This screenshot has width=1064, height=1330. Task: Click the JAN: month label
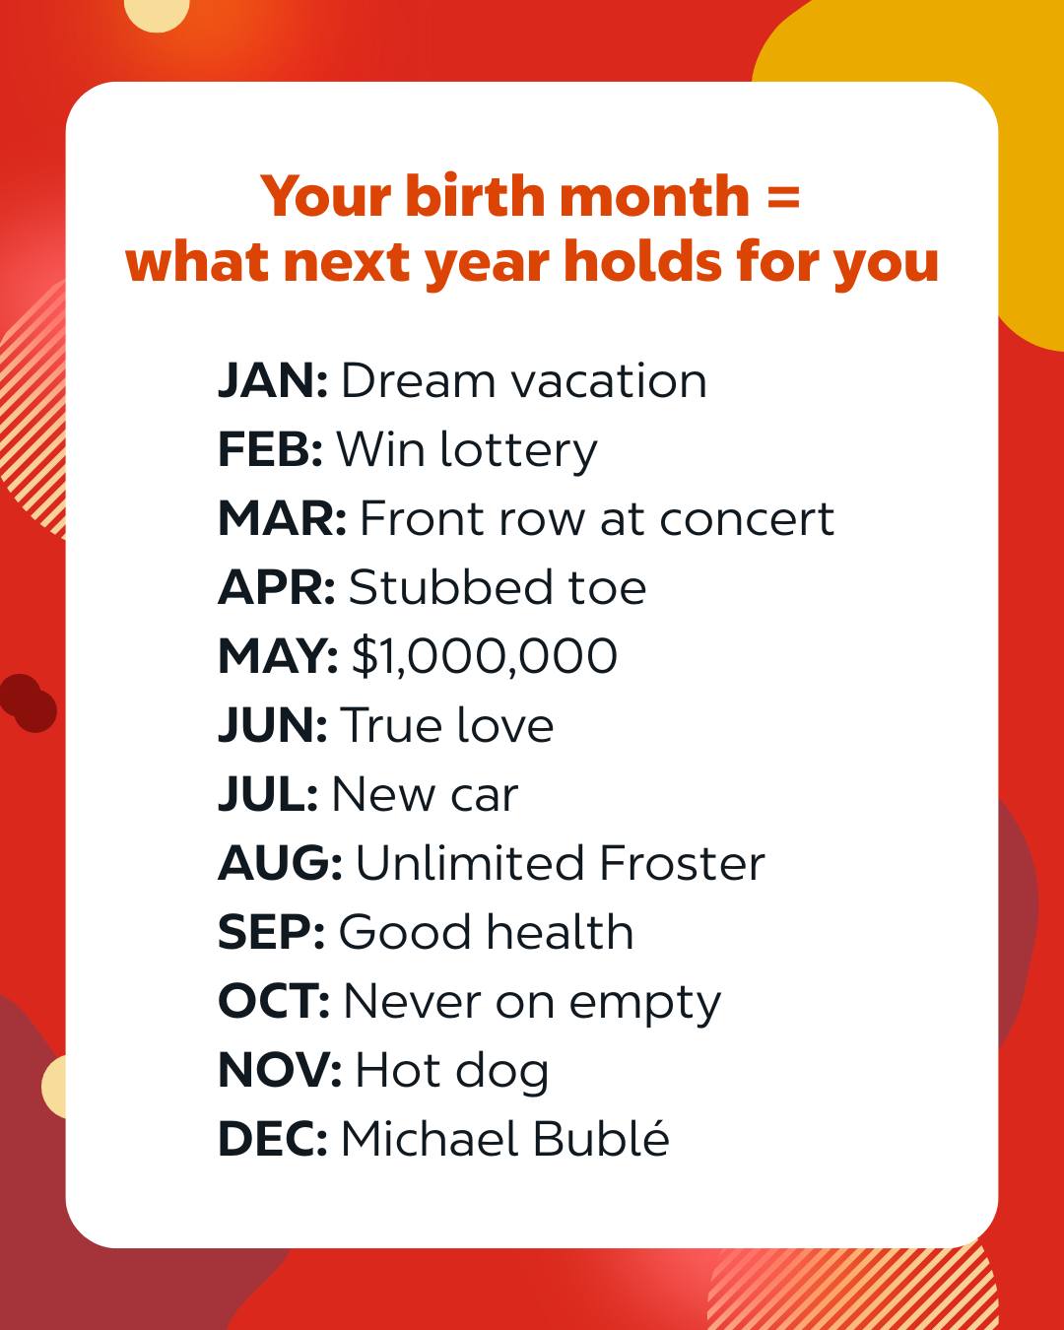pos(273,380)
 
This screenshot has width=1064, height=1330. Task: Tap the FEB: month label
pos(270,449)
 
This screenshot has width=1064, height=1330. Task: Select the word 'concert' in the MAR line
pos(747,519)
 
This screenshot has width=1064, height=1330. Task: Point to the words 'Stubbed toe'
pos(498,586)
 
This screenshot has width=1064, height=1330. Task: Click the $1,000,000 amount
pos(485,656)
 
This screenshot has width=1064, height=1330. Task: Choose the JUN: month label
pos(273,724)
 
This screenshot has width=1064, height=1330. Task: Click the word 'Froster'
pos(682,863)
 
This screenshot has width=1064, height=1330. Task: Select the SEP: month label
pos(271,931)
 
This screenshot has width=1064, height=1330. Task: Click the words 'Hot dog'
pos(452,1072)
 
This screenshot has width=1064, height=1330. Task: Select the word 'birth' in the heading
pos(476,195)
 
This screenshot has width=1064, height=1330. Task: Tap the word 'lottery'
pos(519,451)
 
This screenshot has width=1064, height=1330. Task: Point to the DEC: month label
pos(273,1139)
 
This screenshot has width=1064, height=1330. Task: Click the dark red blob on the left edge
pos(28,702)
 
